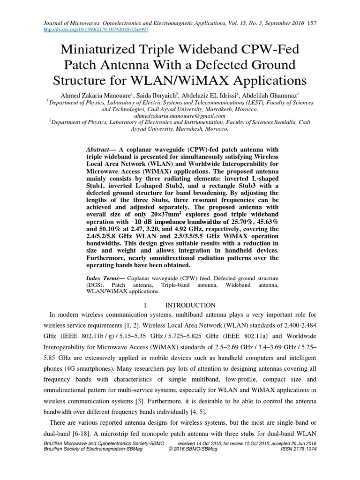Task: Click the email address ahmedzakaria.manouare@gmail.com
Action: [180, 115]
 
